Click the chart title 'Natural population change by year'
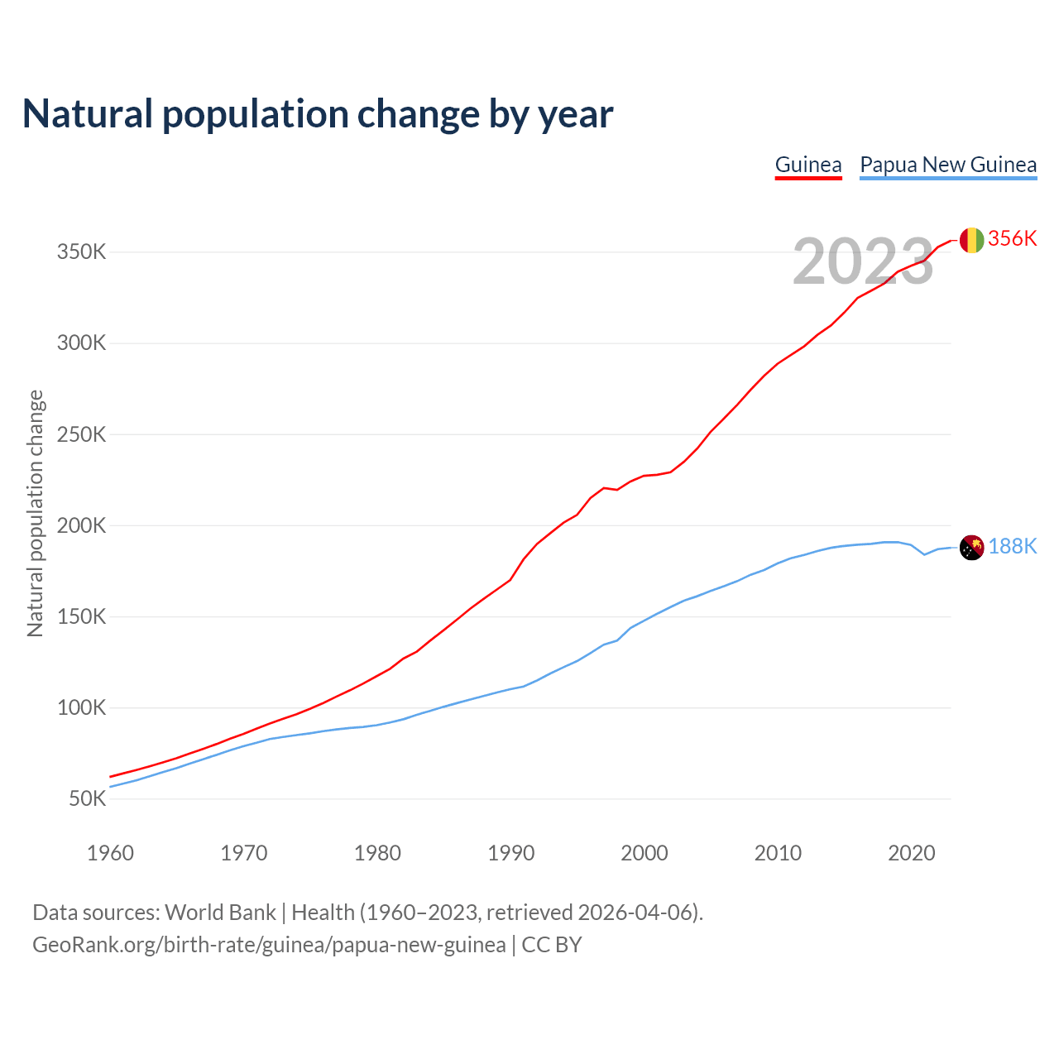pos(318,114)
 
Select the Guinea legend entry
pos(808,165)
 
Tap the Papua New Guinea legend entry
pos(948,165)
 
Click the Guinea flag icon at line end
pos(971,240)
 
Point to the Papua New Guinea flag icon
pos(971,547)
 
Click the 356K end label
pos(1012,238)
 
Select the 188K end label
pos(1012,546)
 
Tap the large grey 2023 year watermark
pos(863,261)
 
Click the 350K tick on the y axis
pos(81,252)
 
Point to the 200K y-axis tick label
pos(81,525)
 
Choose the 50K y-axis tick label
pos(87,799)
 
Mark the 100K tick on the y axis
pos(81,708)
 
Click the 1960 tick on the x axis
pos(110,853)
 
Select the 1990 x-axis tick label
pos(510,853)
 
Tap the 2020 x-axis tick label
pos(911,853)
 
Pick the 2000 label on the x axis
pos(645,853)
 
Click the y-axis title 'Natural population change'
pos(36,513)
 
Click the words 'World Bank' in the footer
pos(220,913)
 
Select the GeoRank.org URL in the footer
pos(269,945)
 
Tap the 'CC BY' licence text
pos(552,945)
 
